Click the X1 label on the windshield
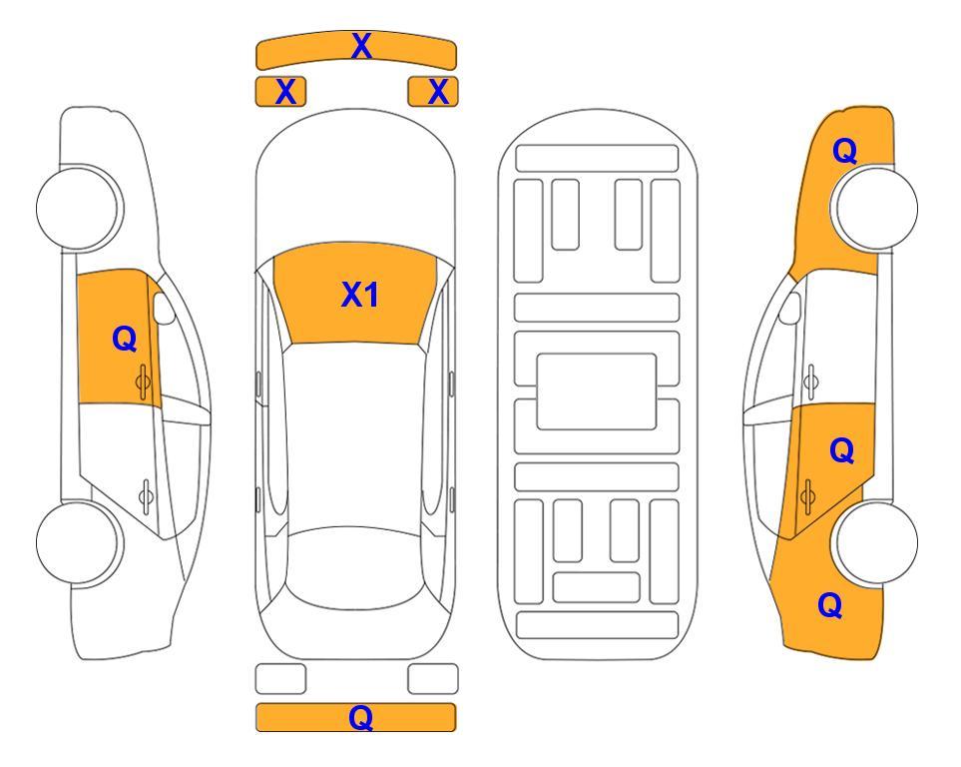click(360, 295)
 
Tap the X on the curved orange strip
click(361, 46)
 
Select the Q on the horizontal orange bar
click(361, 717)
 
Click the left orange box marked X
click(280, 92)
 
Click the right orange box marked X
click(433, 92)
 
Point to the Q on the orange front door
click(125, 339)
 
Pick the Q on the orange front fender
click(844, 151)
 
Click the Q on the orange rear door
click(841, 451)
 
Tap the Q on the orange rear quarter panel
click(830, 605)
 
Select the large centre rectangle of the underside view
click(597, 391)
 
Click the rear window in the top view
click(355, 567)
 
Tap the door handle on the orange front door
click(143, 382)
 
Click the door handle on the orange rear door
click(807, 496)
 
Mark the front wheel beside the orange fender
click(875, 208)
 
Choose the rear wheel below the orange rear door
click(875, 542)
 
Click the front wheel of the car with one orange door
click(79, 208)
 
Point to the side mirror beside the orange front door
click(164, 309)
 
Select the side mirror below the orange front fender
click(790, 309)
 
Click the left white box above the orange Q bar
click(280, 679)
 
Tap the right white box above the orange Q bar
click(433, 679)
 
